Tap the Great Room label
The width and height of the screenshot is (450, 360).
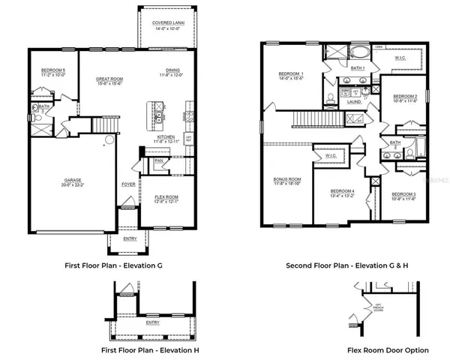[109, 79]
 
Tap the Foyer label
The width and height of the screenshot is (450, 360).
[128, 183]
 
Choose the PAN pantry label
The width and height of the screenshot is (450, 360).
[158, 160]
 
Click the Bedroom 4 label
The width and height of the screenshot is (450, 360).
[342, 192]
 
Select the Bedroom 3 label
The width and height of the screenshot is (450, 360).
[403, 195]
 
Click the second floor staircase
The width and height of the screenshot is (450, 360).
[309, 117]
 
